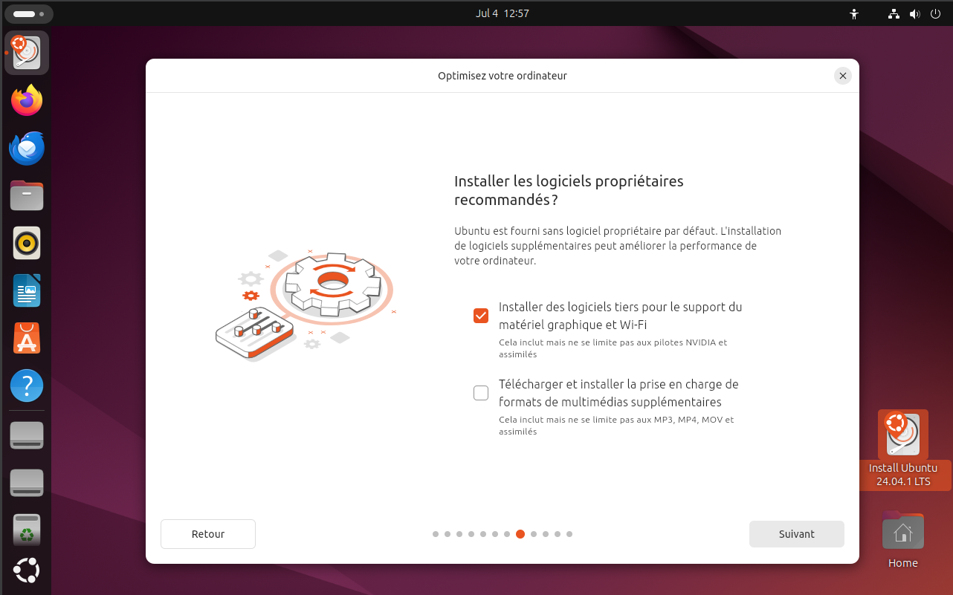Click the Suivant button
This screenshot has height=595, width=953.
pos(796,534)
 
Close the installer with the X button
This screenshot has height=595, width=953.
pos(842,76)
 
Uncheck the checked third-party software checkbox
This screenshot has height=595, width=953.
pos(481,316)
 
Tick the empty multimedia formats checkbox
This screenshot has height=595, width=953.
pos(481,393)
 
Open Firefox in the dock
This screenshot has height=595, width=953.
pos(27,100)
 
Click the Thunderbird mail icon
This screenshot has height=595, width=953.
pos(27,148)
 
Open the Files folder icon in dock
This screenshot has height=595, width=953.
pos(27,196)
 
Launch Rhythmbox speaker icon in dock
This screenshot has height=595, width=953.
pos(27,243)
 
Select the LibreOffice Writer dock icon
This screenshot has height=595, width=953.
pos(27,290)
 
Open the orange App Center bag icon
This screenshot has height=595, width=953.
pos(27,338)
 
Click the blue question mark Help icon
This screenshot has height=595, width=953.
pos(27,386)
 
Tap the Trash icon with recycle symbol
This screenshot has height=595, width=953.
pos(27,530)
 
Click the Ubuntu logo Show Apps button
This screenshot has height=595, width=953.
pos(27,570)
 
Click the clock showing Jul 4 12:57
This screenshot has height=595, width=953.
pos(502,13)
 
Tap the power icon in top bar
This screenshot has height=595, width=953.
pos(934,13)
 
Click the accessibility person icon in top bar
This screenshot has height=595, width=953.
pos(854,13)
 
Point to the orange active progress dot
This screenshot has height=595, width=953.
pos(520,534)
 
